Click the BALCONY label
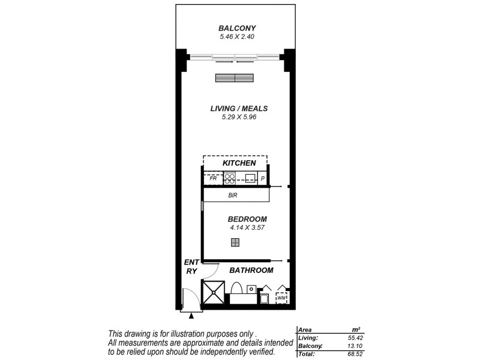(x=237, y=28)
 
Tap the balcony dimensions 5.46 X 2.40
(x=237, y=37)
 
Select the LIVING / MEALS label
(x=239, y=109)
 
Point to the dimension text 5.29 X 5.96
(x=239, y=118)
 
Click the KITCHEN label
(x=239, y=163)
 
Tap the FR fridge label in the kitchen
(x=212, y=178)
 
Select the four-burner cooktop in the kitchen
(x=230, y=178)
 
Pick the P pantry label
(x=262, y=178)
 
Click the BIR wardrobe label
(x=235, y=196)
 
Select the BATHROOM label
(x=252, y=271)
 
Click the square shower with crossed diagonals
(x=213, y=293)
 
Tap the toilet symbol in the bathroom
(x=236, y=289)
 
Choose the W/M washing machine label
(x=281, y=298)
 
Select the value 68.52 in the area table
(x=352, y=354)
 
